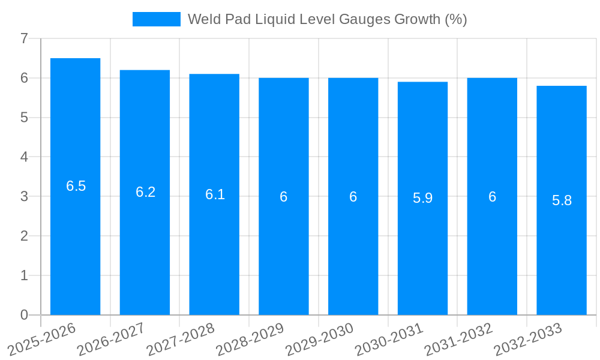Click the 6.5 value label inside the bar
click(76, 186)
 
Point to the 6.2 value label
click(145, 192)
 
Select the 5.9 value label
click(422, 198)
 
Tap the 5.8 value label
click(562, 200)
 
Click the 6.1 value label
click(215, 194)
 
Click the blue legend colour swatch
click(156, 19)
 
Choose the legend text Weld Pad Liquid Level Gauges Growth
click(327, 19)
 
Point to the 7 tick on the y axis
click(25, 38)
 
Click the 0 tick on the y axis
click(25, 315)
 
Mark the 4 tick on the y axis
click(25, 157)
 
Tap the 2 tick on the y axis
click(25, 236)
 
